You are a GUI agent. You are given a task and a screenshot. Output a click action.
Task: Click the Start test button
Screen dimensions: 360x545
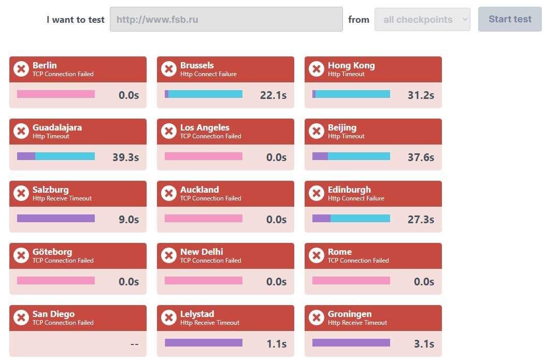click(x=510, y=19)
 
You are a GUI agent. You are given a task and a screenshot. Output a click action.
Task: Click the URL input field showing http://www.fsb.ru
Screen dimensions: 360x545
click(x=226, y=20)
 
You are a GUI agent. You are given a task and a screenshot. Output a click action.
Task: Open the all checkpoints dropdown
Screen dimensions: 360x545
click(x=422, y=20)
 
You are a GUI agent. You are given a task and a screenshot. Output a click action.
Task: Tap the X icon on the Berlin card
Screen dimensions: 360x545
click(x=21, y=69)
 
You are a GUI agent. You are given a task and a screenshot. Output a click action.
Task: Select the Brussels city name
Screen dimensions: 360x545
click(x=197, y=65)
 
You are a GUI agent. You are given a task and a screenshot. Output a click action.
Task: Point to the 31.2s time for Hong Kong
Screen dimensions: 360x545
click(x=421, y=95)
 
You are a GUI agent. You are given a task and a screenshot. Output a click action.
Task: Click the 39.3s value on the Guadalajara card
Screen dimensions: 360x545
click(x=125, y=157)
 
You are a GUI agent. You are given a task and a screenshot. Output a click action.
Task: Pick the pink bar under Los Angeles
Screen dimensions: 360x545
click(x=203, y=156)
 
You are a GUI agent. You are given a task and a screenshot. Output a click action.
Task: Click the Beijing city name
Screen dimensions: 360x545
click(x=342, y=127)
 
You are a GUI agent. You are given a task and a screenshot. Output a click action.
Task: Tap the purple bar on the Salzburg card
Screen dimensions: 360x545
click(x=56, y=219)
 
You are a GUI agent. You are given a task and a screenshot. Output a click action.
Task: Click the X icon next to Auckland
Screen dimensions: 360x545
click(x=169, y=193)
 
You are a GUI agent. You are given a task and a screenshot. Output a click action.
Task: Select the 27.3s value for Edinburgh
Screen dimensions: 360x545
click(x=421, y=220)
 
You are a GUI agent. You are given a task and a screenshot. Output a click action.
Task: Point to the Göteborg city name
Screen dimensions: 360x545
click(x=52, y=252)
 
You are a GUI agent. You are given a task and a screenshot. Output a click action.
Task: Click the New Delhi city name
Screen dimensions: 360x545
click(x=202, y=252)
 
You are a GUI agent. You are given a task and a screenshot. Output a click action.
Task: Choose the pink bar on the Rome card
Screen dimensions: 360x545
click(x=351, y=281)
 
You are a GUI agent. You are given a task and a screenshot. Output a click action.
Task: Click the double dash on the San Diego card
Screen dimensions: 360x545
click(x=134, y=344)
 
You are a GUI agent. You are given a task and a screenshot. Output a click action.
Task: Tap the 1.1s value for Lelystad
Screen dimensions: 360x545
click(x=276, y=344)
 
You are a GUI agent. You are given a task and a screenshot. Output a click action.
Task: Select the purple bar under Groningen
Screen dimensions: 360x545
click(x=351, y=342)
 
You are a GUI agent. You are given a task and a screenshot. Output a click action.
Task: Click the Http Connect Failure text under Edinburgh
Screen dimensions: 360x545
click(x=356, y=198)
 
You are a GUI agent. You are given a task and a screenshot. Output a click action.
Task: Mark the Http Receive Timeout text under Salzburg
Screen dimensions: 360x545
click(x=62, y=198)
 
